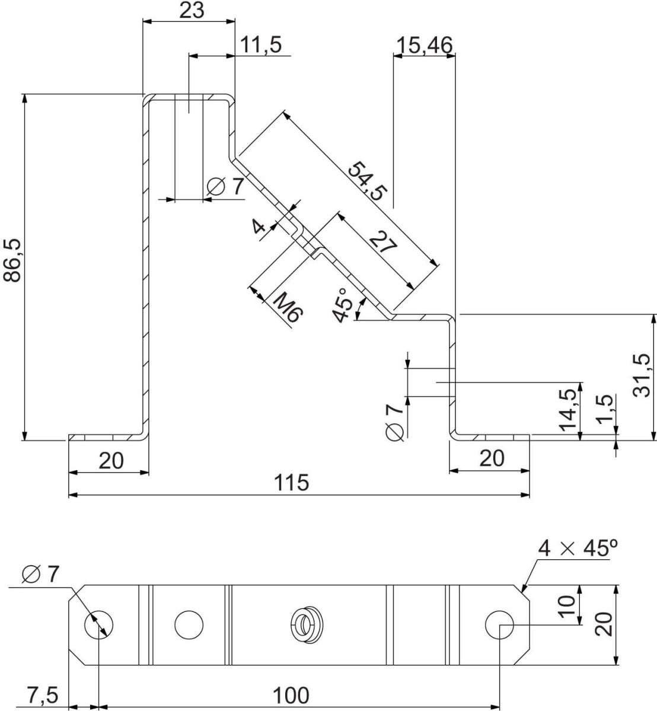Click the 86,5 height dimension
click(12, 260)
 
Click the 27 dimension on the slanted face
click(381, 243)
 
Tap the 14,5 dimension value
click(567, 409)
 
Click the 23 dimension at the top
click(190, 10)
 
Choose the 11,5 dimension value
click(261, 45)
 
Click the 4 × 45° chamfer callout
click(573, 548)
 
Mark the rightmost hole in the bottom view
click(499, 624)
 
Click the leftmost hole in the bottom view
click(99, 624)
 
